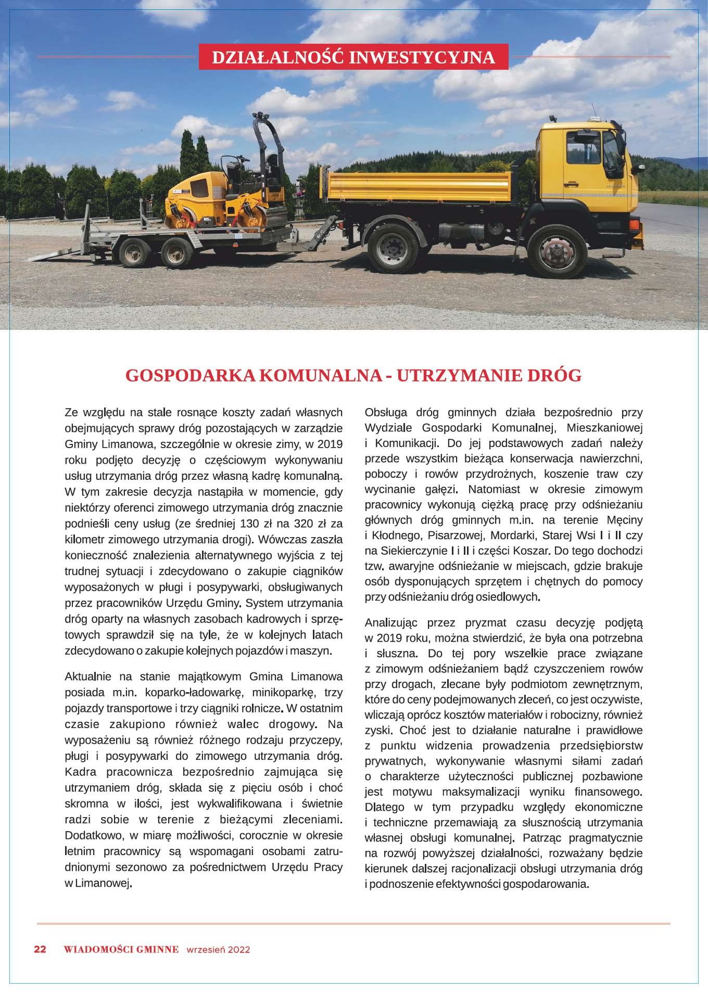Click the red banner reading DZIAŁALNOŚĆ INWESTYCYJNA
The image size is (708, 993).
click(353, 57)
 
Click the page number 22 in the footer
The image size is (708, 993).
click(40, 949)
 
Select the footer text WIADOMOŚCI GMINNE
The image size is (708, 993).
click(121, 949)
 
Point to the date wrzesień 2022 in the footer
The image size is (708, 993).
click(218, 949)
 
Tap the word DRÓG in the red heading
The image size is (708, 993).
click(557, 375)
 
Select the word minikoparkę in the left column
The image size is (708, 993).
click(282, 692)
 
